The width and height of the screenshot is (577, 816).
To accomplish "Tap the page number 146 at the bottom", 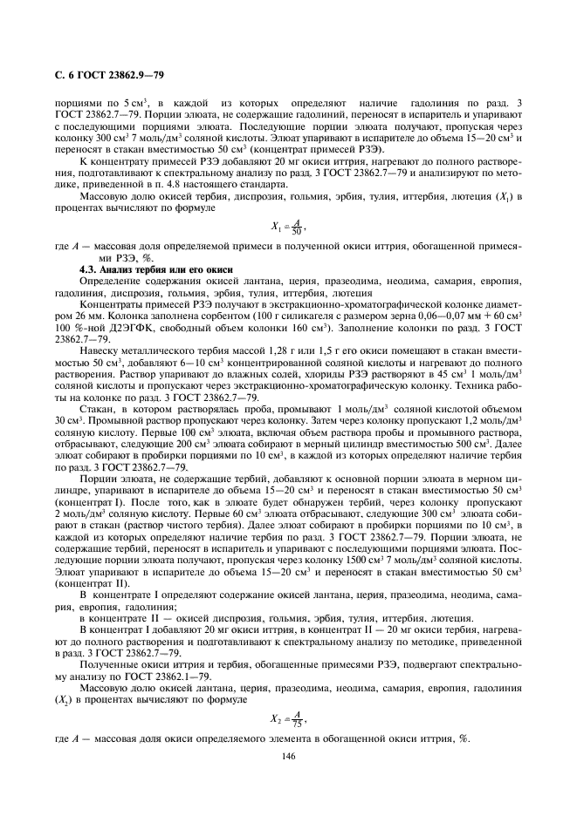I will coord(289,756).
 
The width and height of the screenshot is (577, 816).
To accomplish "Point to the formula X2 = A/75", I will coord(288,718).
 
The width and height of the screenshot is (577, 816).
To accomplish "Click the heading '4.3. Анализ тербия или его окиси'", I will coord(144,270).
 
